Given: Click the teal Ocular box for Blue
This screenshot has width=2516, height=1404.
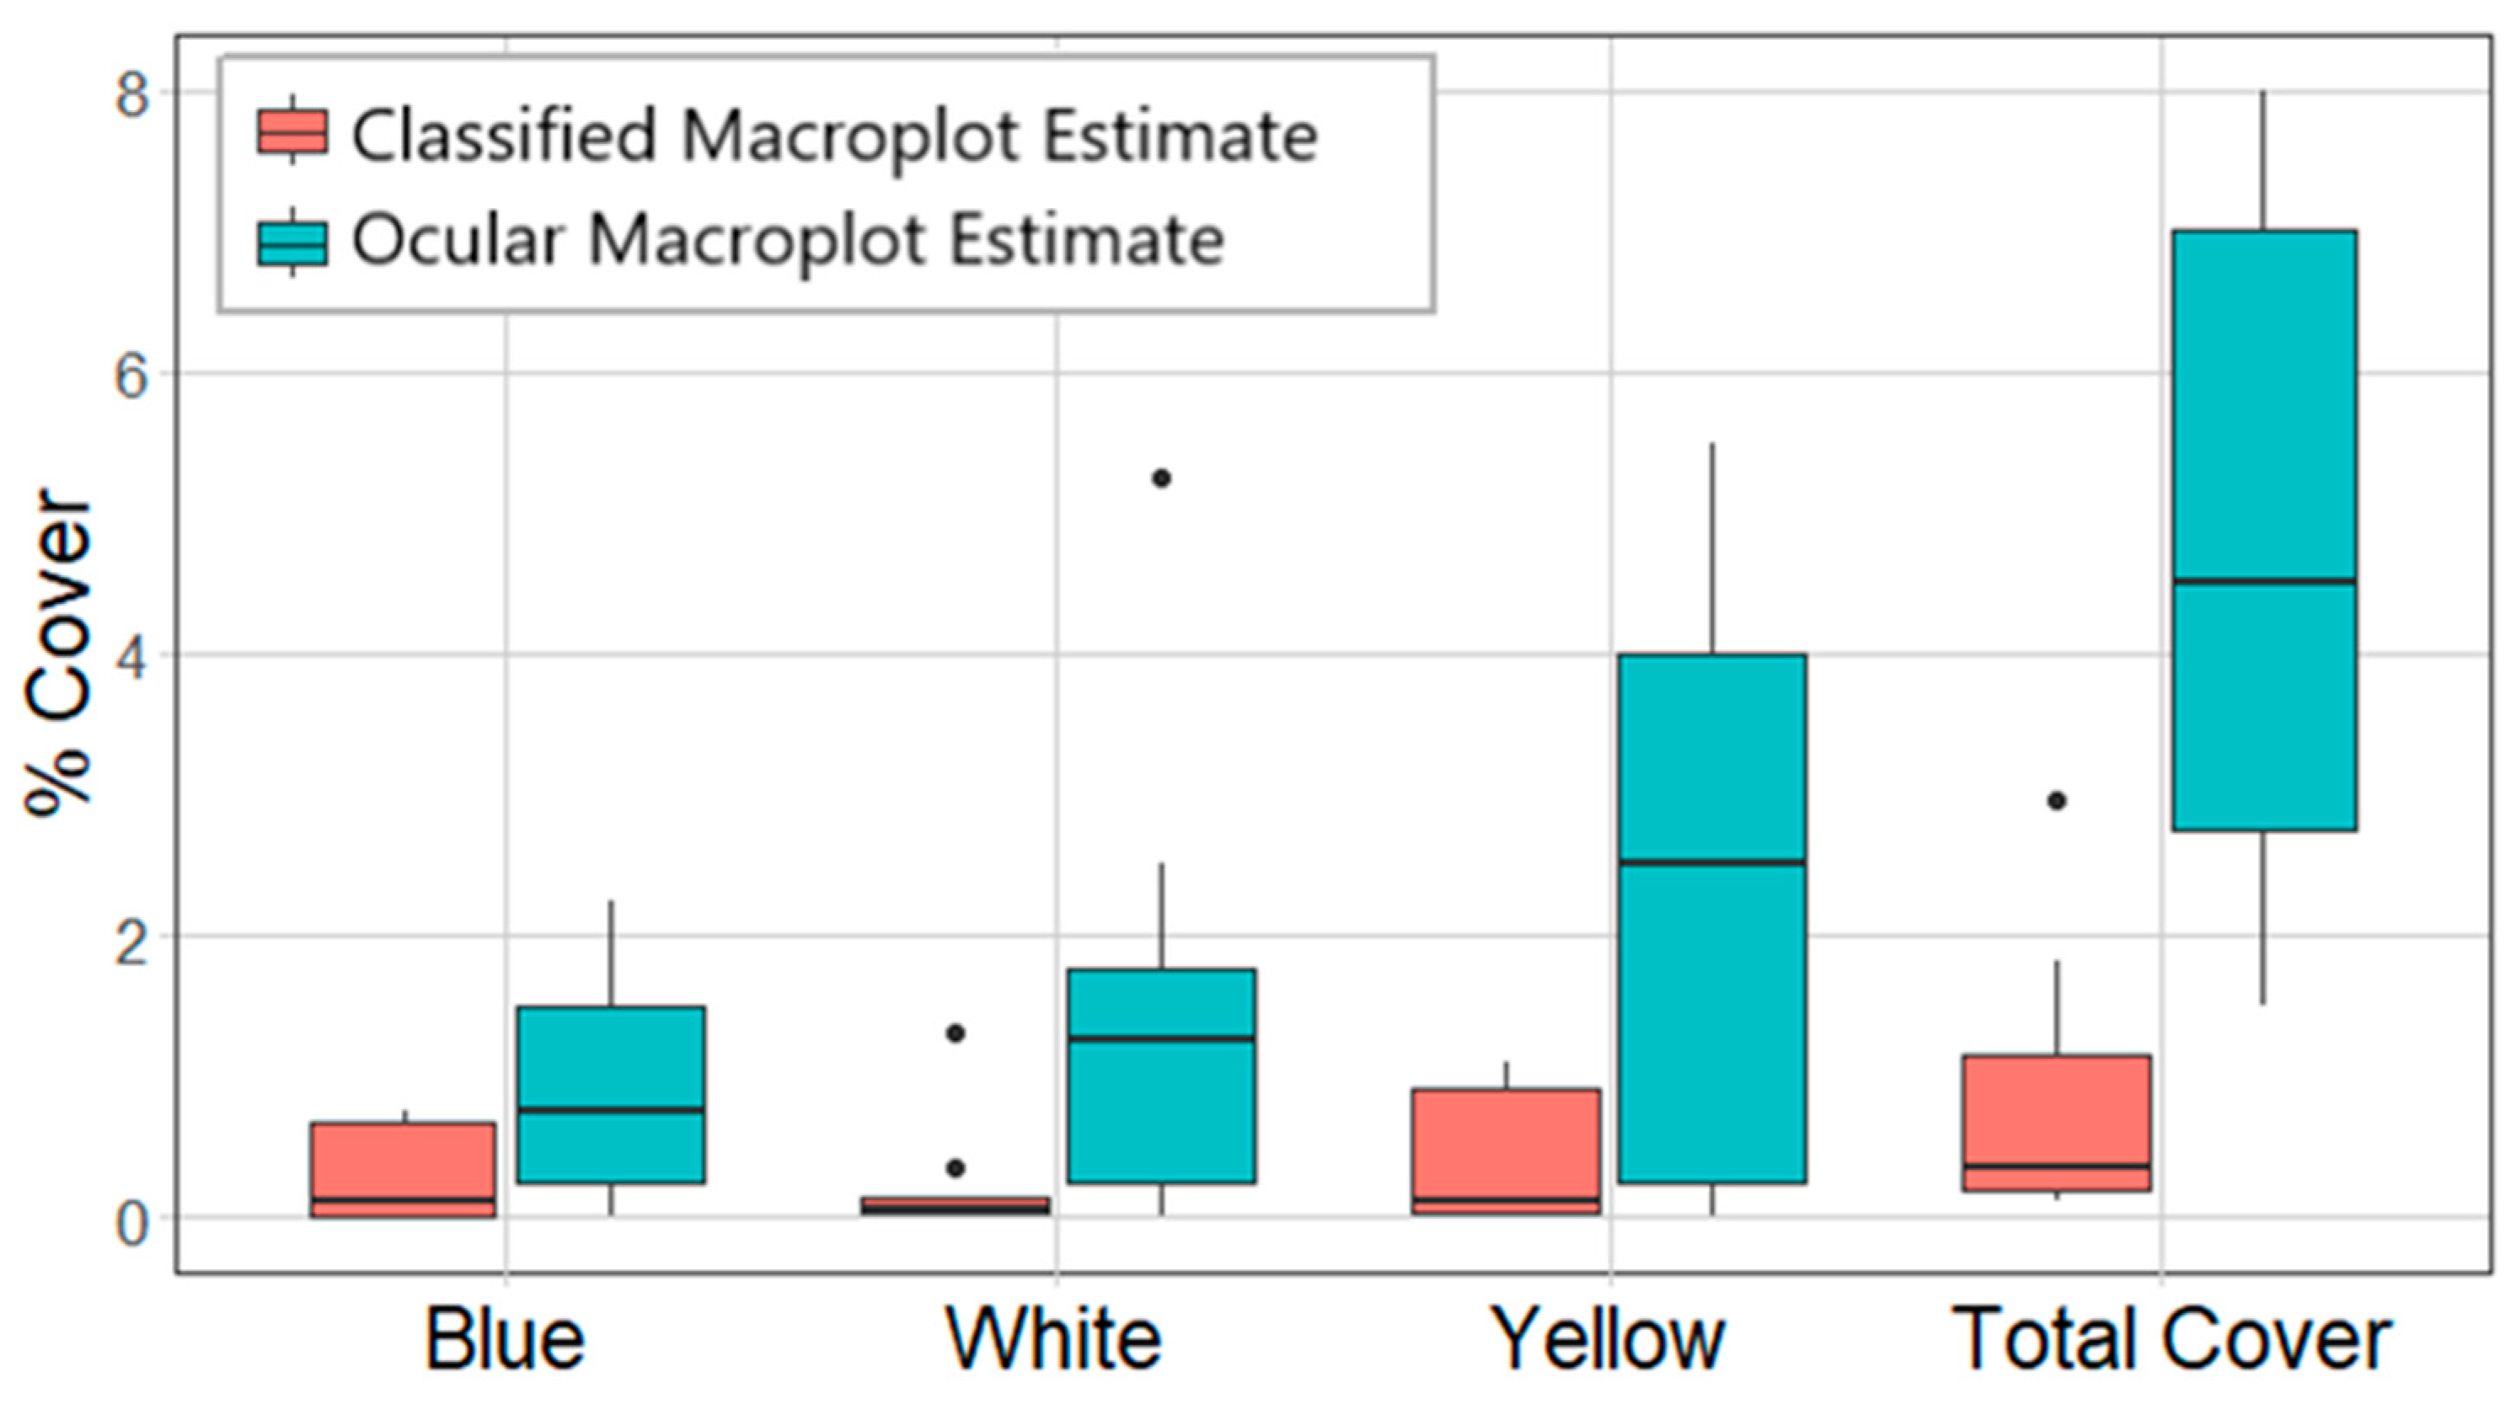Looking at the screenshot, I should point(610,1093).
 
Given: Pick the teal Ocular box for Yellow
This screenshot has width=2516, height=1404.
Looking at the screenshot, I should point(1711,918).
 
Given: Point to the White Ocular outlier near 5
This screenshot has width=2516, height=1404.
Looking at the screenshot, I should point(1161,478).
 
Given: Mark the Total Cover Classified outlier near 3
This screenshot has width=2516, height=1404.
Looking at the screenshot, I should point(2056,801).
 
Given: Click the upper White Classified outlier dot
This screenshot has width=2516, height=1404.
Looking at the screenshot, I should point(956,1033).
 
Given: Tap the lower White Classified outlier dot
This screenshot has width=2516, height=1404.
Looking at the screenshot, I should point(956,1167).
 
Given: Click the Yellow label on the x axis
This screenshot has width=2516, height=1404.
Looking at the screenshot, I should point(1609,1339).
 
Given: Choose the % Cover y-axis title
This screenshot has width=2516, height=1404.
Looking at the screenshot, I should point(59,654).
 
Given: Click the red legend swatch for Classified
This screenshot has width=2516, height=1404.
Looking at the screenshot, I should point(292,131).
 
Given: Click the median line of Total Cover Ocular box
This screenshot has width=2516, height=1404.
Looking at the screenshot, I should point(2262,581).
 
